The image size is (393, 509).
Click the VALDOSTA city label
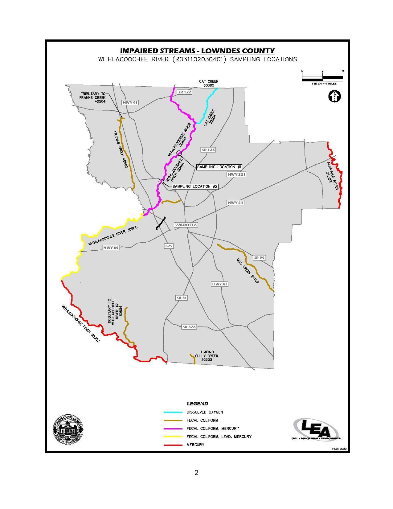[186, 225]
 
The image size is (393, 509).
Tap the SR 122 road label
[185, 92]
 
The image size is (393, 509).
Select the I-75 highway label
[169, 246]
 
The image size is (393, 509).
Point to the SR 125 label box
[208, 150]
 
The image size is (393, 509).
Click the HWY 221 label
[236, 174]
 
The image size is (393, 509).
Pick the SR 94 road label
[259, 257]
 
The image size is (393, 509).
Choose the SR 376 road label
[189, 327]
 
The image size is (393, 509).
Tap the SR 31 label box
[182, 298]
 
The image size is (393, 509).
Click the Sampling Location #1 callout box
[219, 167]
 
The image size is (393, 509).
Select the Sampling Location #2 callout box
[195, 187]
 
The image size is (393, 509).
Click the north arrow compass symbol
[334, 96]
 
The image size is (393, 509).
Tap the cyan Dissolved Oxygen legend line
[173, 412]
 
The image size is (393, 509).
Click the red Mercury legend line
[173, 445]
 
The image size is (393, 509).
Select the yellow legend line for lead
[173, 437]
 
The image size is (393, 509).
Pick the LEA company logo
[316, 429]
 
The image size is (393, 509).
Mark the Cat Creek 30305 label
[209, 83]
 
